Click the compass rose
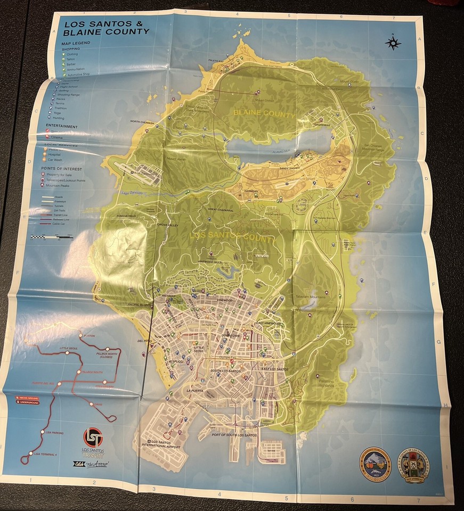click(393, 43)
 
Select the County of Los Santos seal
click(414, 465)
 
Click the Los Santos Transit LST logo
click(93, 438)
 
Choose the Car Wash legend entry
click(56, 159)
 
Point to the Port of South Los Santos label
click(234, 435)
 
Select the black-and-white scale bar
click(51, 236)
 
